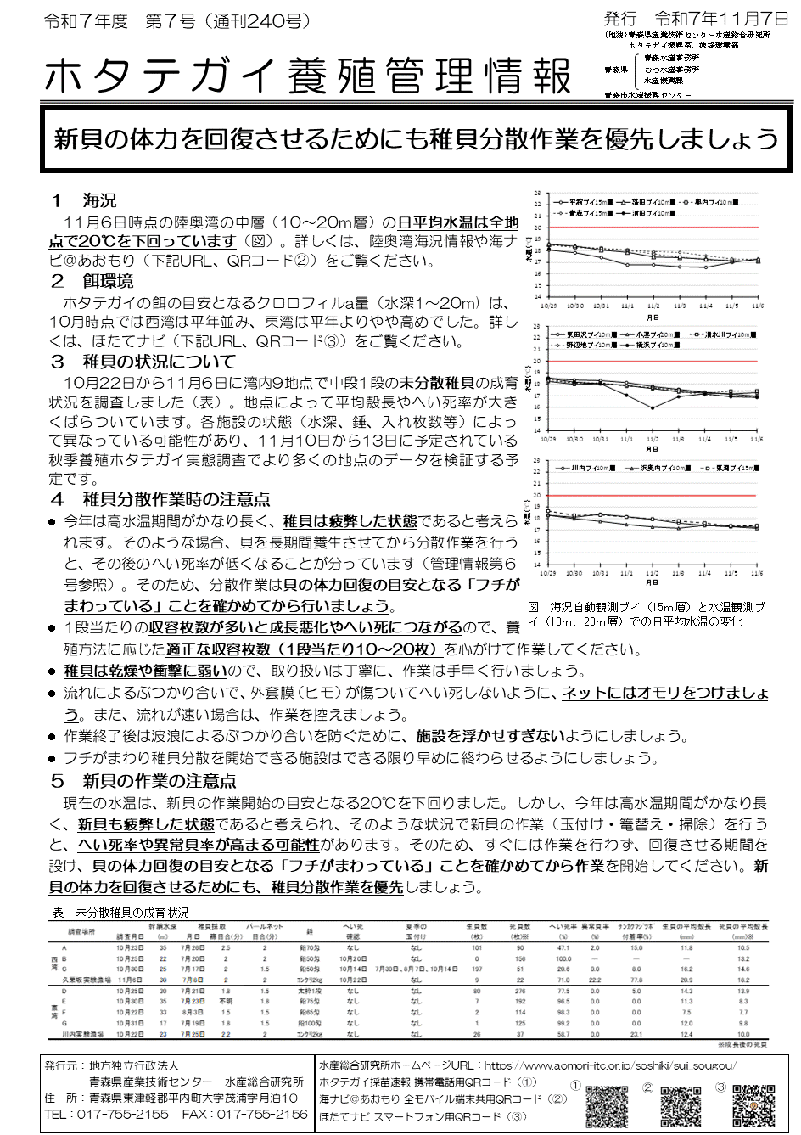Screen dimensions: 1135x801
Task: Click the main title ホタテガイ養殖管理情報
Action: click(x=307, y=76)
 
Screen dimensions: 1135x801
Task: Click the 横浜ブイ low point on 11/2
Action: click(x=653, y=408)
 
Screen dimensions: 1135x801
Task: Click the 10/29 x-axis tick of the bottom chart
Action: click(x=548, y=573)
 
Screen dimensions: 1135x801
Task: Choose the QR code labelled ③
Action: click(x=753, y=1104)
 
